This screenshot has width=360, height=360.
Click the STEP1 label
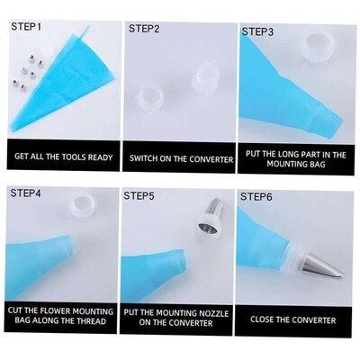[27, 27]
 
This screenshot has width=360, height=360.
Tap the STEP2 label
[144, 28]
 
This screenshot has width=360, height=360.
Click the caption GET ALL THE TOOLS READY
[63, 157]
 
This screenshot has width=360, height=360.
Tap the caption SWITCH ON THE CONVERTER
[181, 157]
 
